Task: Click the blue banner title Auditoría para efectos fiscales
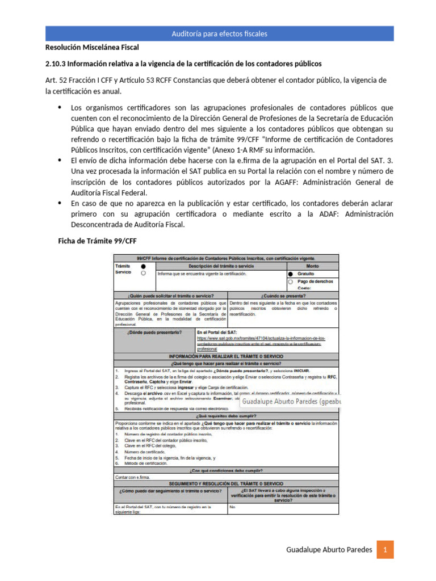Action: point(219,34)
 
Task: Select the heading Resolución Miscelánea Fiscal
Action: point(92,47)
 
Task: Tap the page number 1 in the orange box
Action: point(385,549)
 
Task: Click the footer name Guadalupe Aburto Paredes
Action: point(329,549)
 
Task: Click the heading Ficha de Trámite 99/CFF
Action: point(98,241)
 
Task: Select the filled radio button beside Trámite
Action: point(143,266)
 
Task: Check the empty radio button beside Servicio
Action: point(143,273)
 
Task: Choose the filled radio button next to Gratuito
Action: point(291,273)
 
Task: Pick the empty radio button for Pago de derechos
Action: point(291,281)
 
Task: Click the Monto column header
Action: point(312,266)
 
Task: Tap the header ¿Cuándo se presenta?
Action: point(283,296)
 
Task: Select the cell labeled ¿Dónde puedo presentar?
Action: point(154,332)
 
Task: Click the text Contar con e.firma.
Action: point(132,477)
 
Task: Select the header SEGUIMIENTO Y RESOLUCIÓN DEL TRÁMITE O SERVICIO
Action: point(226,483)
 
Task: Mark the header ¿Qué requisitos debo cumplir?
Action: point(226,416)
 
